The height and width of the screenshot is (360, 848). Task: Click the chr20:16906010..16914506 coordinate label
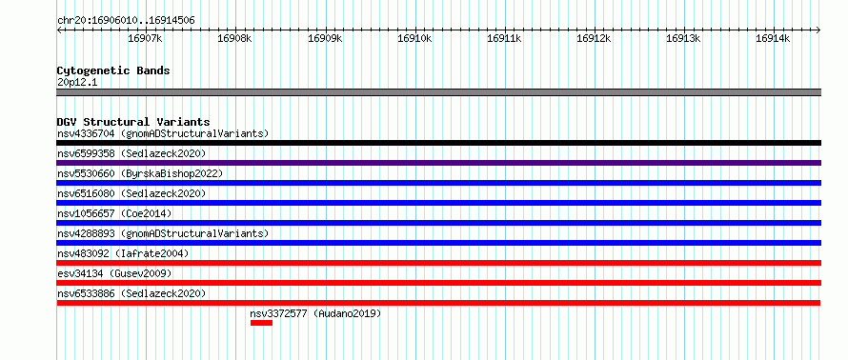[x=126, y=21]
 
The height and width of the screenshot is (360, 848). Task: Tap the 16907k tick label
[x=145, y=38]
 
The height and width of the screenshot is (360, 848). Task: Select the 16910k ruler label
[x=414, y=38]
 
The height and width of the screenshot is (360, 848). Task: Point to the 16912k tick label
[x=594, y=38]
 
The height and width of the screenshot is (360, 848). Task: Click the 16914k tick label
[x=773, y=38]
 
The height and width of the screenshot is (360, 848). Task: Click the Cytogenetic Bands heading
[x=113, y=70]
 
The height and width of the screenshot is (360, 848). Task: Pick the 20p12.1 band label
[x=77, y=83]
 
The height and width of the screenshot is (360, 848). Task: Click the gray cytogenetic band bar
[x=438, y=92]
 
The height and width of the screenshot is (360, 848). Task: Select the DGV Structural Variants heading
[x=133, y=122]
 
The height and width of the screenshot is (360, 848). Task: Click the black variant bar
[x=438, y=143]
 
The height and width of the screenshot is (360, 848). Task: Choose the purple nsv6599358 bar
[x=438, y=163]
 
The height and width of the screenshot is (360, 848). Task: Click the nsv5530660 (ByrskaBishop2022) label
[x=140, y=173]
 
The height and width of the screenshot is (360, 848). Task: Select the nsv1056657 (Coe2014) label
[x=114, y=213]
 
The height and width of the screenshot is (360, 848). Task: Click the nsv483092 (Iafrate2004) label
[x=123, y=253]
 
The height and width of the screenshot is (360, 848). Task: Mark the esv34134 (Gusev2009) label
[x=114, y=273]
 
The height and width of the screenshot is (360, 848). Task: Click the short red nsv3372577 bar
[x=261, y=323]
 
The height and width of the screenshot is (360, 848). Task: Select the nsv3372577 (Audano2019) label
[x=315, y=313]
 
